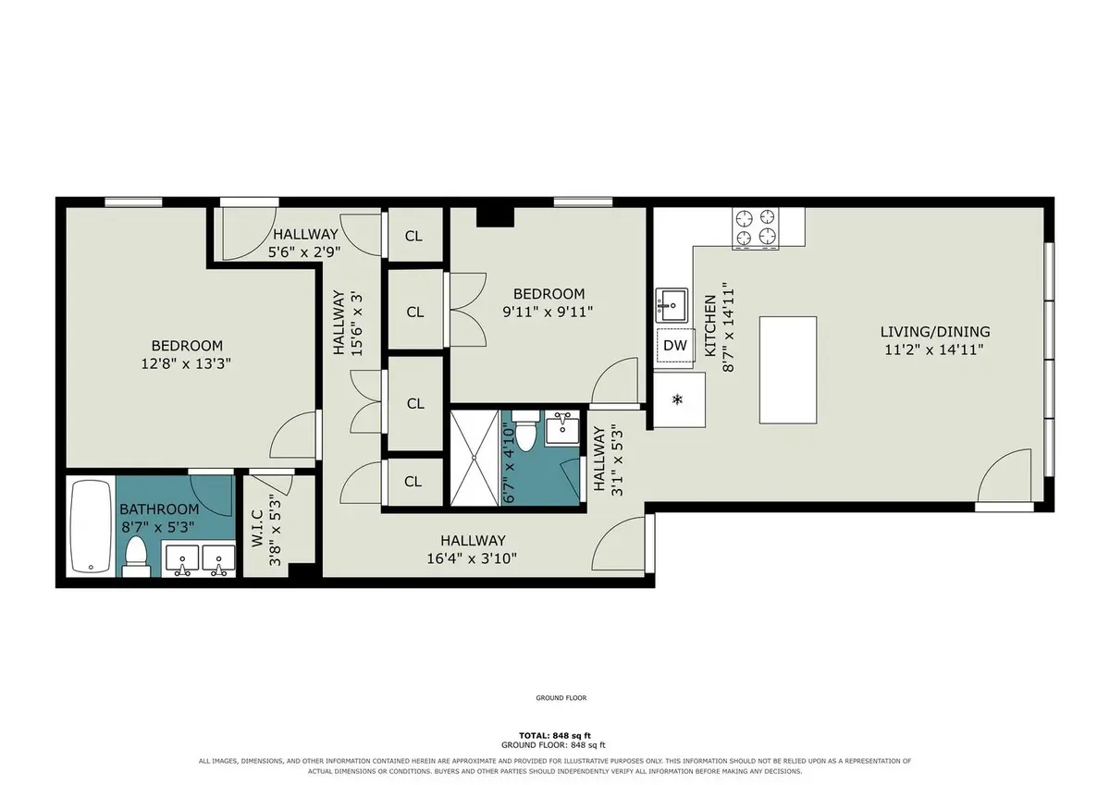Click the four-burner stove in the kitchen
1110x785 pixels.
[755, 228]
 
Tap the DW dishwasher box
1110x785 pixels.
[675, 346]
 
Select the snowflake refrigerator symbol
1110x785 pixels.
[677, 399]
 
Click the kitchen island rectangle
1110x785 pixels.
[788, 370]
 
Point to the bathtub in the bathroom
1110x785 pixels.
[91, 526]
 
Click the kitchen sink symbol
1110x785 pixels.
[672, 305]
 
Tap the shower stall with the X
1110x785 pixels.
[475, 458]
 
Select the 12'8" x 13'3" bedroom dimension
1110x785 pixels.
[186, 364]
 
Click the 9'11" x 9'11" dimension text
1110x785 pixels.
[548, 312]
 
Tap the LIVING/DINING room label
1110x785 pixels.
[935, 331]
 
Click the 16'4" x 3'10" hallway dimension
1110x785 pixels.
[472, 558]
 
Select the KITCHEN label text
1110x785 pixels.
[710, 325]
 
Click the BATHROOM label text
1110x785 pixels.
[159, 509]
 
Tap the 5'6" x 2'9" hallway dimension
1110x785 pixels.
[304, 252]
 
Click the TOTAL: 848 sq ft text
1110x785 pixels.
[555, 735]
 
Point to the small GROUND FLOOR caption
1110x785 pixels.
[561, 698]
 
